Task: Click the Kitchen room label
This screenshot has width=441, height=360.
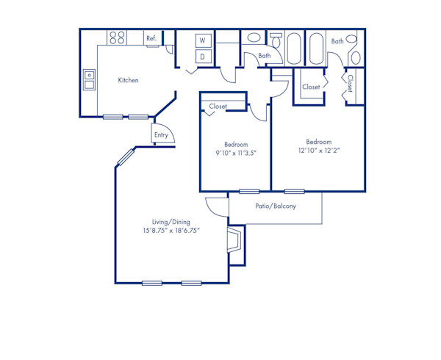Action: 129,80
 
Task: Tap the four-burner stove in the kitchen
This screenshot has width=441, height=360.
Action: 116,37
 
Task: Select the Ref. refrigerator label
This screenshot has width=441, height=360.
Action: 151,38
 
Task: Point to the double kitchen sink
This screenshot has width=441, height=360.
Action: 89,79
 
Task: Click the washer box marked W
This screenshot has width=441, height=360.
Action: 203,40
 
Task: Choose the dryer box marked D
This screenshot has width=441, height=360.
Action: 203,56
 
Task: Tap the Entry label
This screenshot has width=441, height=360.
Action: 161,135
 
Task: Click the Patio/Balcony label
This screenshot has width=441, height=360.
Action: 276,206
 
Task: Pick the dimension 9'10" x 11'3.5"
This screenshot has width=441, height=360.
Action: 235,153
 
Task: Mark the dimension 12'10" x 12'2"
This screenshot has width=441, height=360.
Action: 318,151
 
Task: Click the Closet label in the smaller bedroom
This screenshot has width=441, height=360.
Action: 218,107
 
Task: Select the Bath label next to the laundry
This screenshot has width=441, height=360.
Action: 264,56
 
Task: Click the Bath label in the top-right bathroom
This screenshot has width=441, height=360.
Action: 337,41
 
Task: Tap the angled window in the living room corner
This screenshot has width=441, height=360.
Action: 126,157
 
